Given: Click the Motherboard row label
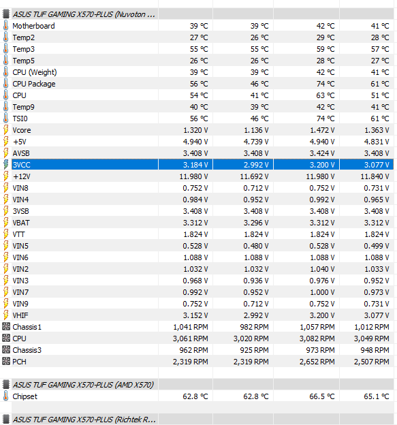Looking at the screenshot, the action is click(33, 26).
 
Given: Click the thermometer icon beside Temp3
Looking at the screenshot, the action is click(5, 49).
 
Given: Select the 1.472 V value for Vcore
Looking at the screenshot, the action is click(322, 130).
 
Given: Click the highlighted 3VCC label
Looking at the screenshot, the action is click(21, 165).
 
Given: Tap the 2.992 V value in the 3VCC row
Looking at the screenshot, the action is click(256, 165).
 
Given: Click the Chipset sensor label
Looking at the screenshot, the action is click(25, 396).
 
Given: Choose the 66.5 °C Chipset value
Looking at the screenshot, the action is click(322, 396).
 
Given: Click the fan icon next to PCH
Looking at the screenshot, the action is click(5, 362).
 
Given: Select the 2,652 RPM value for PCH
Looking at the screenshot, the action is click(317, 362).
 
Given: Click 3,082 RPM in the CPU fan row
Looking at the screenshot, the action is click(317, 339).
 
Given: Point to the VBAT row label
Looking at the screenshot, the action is click(21, 223).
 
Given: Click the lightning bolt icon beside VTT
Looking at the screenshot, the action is click(5, 234).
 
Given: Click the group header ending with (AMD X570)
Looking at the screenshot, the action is click(83, 385).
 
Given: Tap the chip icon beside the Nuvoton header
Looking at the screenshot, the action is click(5, 14).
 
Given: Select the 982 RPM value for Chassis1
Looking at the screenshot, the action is click(254, 327).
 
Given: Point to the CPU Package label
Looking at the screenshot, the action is click(34, 84).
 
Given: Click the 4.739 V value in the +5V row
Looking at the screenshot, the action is click(256, 142).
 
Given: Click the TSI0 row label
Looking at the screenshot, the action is click(20, 119).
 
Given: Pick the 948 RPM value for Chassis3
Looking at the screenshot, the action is click(375, 350).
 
